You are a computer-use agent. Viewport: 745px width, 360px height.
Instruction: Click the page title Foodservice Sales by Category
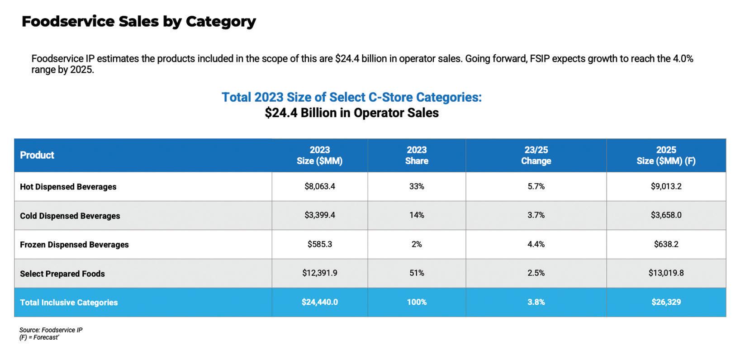(138, 21)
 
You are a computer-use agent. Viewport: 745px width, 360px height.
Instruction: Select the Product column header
(37, 155)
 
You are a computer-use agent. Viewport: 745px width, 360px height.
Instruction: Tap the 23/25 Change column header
(536, 155)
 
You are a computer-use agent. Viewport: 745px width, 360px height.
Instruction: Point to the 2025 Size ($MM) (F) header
(666, 155)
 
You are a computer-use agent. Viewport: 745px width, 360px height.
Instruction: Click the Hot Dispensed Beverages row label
(68, 187)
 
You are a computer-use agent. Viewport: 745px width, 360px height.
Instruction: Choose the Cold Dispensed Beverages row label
(70, 216)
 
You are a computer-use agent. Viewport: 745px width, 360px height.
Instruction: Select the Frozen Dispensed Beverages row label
(74, 245)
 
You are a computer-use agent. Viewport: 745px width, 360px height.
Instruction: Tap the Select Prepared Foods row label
(62, 274)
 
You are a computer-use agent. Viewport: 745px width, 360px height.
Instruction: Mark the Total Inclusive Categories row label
(69, 303)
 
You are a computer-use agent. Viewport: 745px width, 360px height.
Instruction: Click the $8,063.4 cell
(319, 186)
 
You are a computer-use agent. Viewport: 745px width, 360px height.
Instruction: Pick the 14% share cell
(416, 215)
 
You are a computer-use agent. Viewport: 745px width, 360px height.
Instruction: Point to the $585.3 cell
(319, 244)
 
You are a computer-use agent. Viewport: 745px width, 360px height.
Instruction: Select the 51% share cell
(416, 273)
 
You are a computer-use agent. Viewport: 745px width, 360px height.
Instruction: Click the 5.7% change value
(536, 186)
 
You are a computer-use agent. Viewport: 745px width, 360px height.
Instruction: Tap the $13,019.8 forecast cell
(666, 273)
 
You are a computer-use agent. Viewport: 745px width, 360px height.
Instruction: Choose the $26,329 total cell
(666, 302)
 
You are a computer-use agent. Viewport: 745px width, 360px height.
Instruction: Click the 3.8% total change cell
(536, 302)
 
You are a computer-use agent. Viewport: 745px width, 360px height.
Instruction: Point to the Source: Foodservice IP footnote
(51, 330)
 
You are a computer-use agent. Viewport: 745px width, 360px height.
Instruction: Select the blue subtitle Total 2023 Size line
(351, 97)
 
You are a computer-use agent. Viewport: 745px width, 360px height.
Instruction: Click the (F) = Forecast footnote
(39, 337)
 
